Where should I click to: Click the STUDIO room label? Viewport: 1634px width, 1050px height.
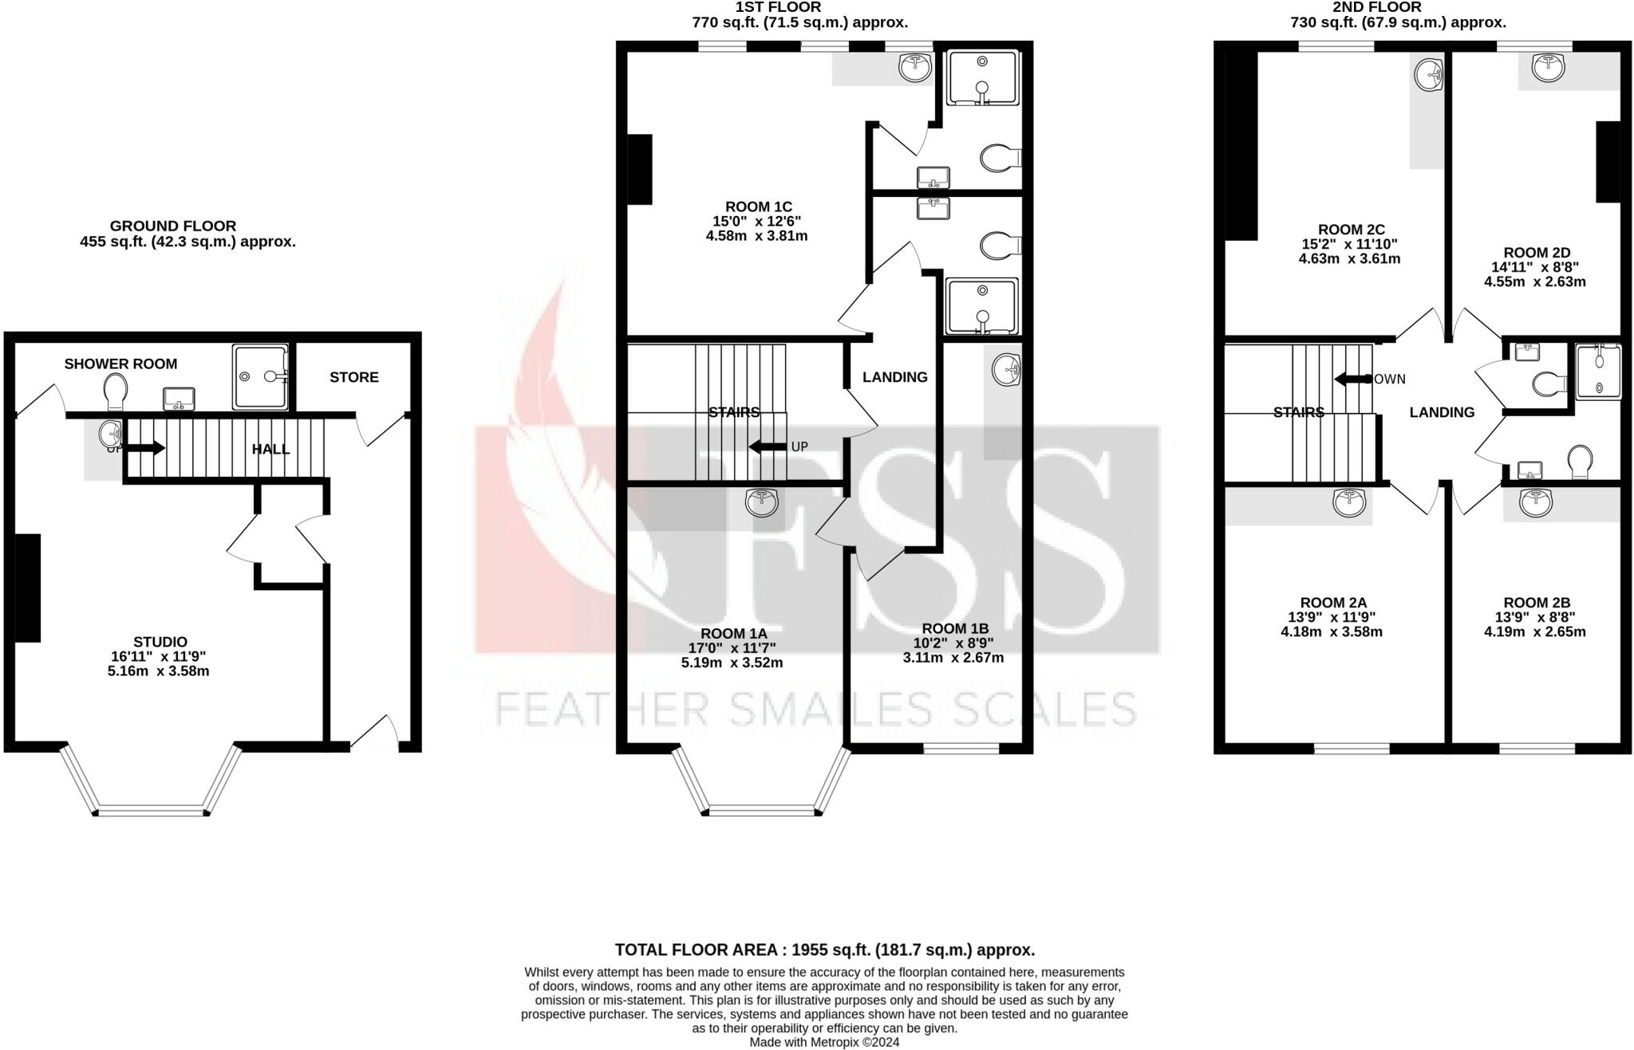click(x=160, y=642)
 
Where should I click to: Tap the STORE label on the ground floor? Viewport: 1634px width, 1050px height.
click(x=354, y=377)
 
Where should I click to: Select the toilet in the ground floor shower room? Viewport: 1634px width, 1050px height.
click(x=116, y=390)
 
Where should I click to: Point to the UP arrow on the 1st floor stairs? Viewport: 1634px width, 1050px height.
click(x=768, y=447)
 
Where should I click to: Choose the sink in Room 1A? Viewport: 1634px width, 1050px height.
click(x=762, y=502)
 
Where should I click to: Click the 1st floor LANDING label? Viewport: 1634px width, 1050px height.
click(x=894, y=377)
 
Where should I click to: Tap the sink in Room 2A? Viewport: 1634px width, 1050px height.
click(x=1349, y=501)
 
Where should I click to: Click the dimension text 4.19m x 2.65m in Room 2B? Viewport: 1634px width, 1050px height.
click(x=1534, y=632)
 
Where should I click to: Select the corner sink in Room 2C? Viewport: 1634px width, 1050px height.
click(x=1429, y=76)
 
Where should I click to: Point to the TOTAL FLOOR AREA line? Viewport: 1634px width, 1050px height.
click(x=824, y=950)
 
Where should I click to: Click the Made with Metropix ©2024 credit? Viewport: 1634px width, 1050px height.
click(x=824, y=1042)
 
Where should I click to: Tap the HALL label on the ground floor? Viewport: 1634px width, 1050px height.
click(x=270, y=450)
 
